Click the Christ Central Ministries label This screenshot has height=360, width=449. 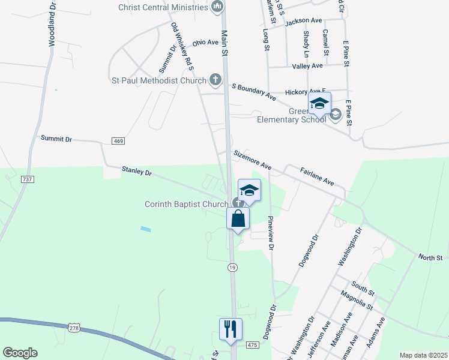tap(163, 7)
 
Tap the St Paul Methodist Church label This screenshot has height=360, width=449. tap(159, 80)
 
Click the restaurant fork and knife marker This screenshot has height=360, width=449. tap(231, 329)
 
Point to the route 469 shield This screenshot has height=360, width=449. tap(118, 140)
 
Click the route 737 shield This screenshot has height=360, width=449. tap(27, 179)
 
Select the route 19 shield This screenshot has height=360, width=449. tap(232, 268)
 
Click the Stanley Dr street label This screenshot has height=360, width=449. tap(137, 172)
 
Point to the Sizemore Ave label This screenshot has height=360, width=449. tap(253, 160)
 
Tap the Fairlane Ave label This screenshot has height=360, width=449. tap(317, 176)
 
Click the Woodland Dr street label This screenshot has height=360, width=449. tap(52, 23)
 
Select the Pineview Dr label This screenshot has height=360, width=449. tap(271, 232)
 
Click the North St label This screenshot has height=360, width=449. tap(430, 257)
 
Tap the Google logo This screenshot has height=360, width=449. tap(20, 353)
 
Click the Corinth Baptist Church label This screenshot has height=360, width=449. tap(186, 204)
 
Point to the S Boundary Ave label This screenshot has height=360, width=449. tap(253, 91)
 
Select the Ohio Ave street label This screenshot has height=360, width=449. tap(205, 43)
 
